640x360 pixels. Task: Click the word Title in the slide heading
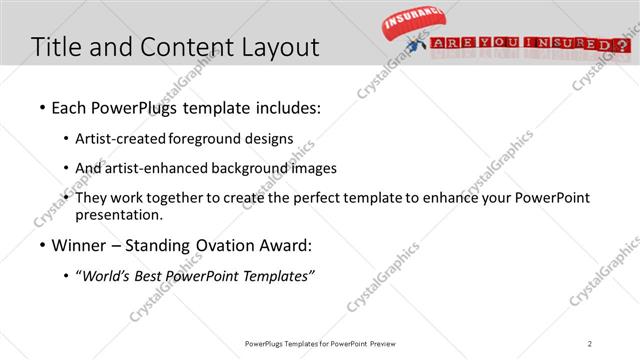pyautogui.click(x=58, y=46)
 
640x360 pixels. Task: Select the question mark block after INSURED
pyautogui.click(x=623, y=45)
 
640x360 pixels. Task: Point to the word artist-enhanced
pyautogui.click(x=151, y=168)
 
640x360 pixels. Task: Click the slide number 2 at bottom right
pyautogui.click(x=590, y=343)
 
